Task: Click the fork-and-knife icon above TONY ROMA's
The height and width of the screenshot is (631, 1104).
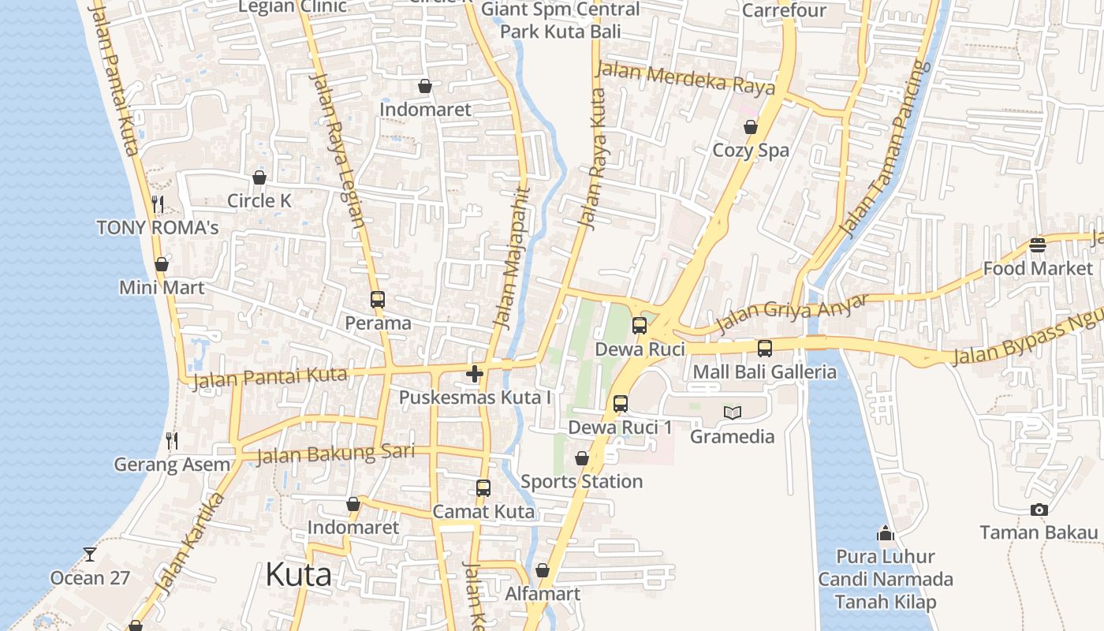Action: pos(158,204)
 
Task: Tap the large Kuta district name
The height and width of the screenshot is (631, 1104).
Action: pos(298,575)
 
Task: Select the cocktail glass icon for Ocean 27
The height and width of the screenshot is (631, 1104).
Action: pos(90,554)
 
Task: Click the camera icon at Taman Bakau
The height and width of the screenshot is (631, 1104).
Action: pos(1039,510)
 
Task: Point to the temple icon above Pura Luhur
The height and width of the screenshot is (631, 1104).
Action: pos(885,533)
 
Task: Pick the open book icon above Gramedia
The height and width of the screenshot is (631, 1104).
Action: pos(732,413)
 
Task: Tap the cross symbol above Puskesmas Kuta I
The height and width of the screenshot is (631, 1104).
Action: pos(474,374)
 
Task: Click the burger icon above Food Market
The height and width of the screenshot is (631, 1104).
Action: pos(1037,245)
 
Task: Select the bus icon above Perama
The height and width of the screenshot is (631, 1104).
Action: pos(378,300)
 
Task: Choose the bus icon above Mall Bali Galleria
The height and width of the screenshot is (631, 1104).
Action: pos(764,348)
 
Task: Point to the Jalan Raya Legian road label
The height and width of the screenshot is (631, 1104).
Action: pos(337,150)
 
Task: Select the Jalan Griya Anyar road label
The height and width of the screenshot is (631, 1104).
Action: pos(791,314)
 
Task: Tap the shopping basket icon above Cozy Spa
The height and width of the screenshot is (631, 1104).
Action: pos(750,127)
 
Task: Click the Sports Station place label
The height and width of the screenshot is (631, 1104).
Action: pos(581,481)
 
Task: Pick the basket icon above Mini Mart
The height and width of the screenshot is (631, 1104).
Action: pos(162,264)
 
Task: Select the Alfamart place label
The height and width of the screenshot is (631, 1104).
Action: pos(543,594)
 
